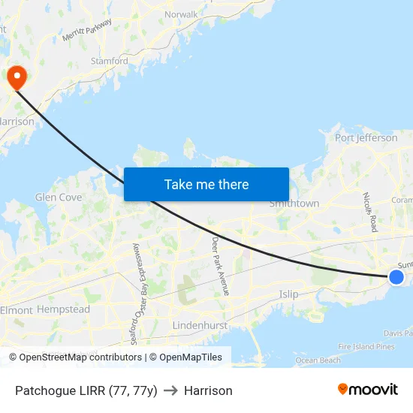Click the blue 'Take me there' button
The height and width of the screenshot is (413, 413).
coord(206,184)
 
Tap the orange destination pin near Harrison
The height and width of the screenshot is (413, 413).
coord(16,77)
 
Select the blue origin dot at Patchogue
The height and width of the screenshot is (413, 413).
coord(396,277)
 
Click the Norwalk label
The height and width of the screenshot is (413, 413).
coord(181,14)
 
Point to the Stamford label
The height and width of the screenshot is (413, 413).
coord(110,62)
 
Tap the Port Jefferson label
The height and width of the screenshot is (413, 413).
coord(366,138)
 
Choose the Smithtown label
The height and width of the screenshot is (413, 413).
coord(294,203)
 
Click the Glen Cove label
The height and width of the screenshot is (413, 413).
coord(59,197)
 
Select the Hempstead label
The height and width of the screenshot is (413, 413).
coord(63,309)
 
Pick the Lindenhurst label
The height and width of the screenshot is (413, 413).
coord(200,325)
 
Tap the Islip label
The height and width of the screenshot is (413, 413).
coord(289,294)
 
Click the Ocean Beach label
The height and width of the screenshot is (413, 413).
coord(318,360)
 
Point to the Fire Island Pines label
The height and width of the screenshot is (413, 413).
coord(366,347)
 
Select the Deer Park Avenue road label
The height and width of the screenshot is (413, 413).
coord(220,266)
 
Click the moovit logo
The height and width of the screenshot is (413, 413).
coord(368,390)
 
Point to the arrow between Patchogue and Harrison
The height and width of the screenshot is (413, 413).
coord(170,390)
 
